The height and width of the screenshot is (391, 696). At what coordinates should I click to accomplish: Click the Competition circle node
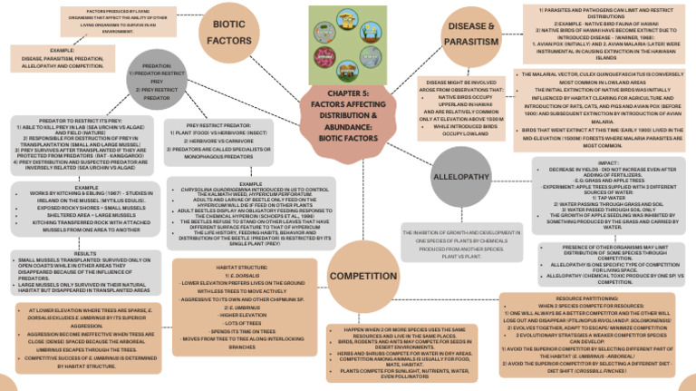(x=362, y=276)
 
